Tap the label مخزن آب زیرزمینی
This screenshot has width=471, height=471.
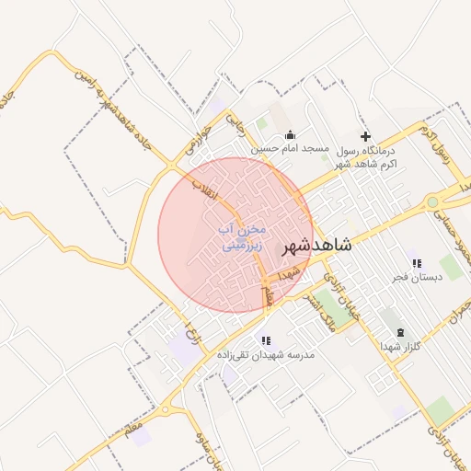click(x=242, y=236)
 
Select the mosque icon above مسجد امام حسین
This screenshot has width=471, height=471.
click(x=291, y=134)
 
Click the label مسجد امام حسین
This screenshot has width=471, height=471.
click(x=291, y=148)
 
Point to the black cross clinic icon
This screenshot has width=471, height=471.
click(x=365, y=135)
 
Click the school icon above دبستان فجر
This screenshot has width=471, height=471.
click(x=415, y=262)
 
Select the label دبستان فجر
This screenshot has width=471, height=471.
click(x=415, y=276)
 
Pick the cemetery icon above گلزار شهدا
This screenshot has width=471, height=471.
click(x=399, y=332)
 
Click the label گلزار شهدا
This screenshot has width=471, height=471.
click(x=400, y=346)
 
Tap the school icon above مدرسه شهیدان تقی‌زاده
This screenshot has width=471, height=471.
click(x=266, y=340)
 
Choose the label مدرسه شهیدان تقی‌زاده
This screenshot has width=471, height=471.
click(x=266, y=354)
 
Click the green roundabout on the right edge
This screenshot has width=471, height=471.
click(x=431, y=201)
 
